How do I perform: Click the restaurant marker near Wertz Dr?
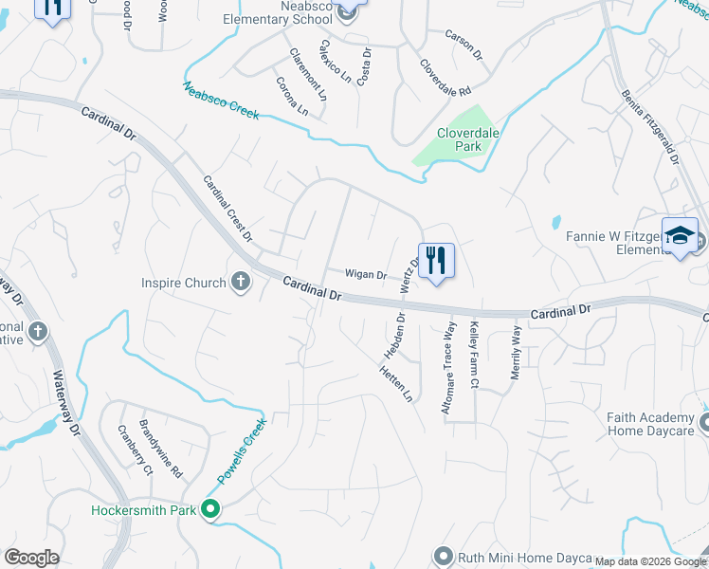pos(436,260)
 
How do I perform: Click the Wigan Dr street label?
pos(365,275)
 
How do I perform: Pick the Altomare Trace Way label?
pos(449,366)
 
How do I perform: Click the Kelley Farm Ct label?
pos(473,357)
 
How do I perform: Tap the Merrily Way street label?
pos(517,352)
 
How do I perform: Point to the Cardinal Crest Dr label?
pos(228,206)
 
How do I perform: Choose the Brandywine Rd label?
pos(161,449)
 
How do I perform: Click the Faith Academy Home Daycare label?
pos(651,423)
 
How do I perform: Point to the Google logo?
pos(31,558)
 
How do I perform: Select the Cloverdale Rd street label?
pos(445,80)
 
